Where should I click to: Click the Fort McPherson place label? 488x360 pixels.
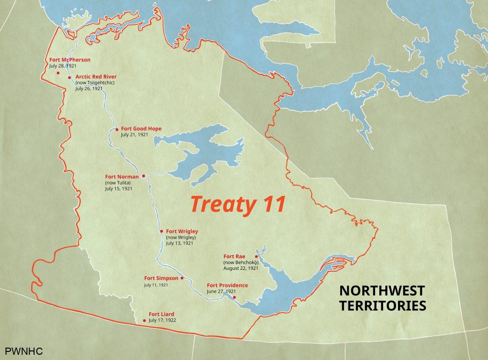tap(70, 60)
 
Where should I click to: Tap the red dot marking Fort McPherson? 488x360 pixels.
tap(58, 73)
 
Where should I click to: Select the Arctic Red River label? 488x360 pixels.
tap(96, 76)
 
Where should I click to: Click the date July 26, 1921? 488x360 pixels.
tap(89, 88)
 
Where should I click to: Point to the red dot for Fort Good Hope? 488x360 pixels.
tap(117, 129)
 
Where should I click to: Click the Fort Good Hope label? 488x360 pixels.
tap(141, 129)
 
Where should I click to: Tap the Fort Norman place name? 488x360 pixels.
tap(122, 177)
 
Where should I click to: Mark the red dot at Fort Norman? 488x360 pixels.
tap(143, 176)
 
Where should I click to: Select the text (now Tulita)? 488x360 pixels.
tap(118, 183)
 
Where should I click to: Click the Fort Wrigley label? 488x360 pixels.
tap(182, 231)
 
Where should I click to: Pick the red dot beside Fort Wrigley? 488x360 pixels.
tap(162, 231)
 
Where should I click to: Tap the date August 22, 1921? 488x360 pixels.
tap(241, 268)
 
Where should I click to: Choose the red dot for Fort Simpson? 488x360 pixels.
tap(182, 278)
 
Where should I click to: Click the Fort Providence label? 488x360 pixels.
tap(227, 285)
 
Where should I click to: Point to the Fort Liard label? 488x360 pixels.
tap(161, 314)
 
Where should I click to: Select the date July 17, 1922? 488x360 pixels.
tap(162, 320)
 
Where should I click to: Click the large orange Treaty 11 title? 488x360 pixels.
tap(238, 204)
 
